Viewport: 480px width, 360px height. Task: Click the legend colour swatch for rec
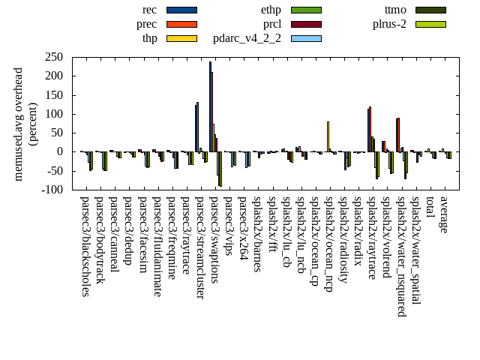click(181, 10)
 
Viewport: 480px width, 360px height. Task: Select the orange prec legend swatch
click(181, 24)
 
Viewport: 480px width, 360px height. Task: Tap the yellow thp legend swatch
click(181, 38)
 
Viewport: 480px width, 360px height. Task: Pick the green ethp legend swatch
click(306, 10)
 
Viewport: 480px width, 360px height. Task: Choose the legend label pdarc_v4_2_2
click(247, 38)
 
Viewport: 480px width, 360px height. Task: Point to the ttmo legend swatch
click(430, 10)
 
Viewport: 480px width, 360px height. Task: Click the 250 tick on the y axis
click(53, 57)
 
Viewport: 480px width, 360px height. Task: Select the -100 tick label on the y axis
click(52, 190)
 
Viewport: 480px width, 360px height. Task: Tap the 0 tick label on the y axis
click(59, 151)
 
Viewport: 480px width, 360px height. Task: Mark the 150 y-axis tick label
click(53, 95)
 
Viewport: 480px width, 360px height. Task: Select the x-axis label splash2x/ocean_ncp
click(328, 244)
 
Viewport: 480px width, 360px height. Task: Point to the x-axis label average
click(444, 214)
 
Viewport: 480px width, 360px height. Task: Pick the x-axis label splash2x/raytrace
click(372, 238)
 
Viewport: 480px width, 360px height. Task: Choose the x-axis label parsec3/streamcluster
click(200, 247)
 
